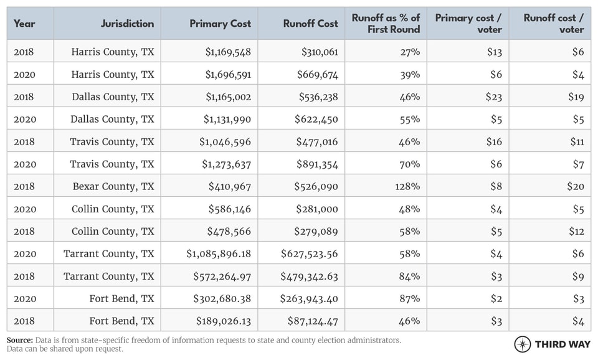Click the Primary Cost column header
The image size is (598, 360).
click(x=220, y=24)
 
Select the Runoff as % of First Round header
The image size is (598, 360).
click(x=386, y=24)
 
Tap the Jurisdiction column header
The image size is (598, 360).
click(x=127, y=24)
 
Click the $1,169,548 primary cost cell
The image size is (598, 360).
click(x=228, y=52)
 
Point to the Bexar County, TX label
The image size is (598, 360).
click(x=113, y=186)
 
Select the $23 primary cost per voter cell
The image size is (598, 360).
click(x=493, y=97)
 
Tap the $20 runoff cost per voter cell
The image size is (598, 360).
click(x=577, y=186)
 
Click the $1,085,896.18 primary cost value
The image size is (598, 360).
click(x=219, y=253)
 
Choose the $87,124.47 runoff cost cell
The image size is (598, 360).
click(x=309, y=321)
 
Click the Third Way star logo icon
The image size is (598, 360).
click(x=523, y=344)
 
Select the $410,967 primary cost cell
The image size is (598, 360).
click(x=229, y=186)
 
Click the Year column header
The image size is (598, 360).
click(x=24, y=24)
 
